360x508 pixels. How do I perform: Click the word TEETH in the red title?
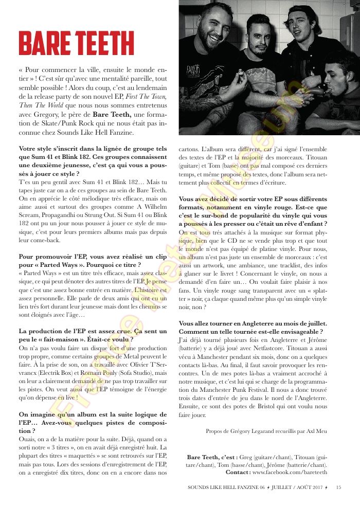102,43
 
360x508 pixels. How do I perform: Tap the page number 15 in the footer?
338,487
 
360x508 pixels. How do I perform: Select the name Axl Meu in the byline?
316,431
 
